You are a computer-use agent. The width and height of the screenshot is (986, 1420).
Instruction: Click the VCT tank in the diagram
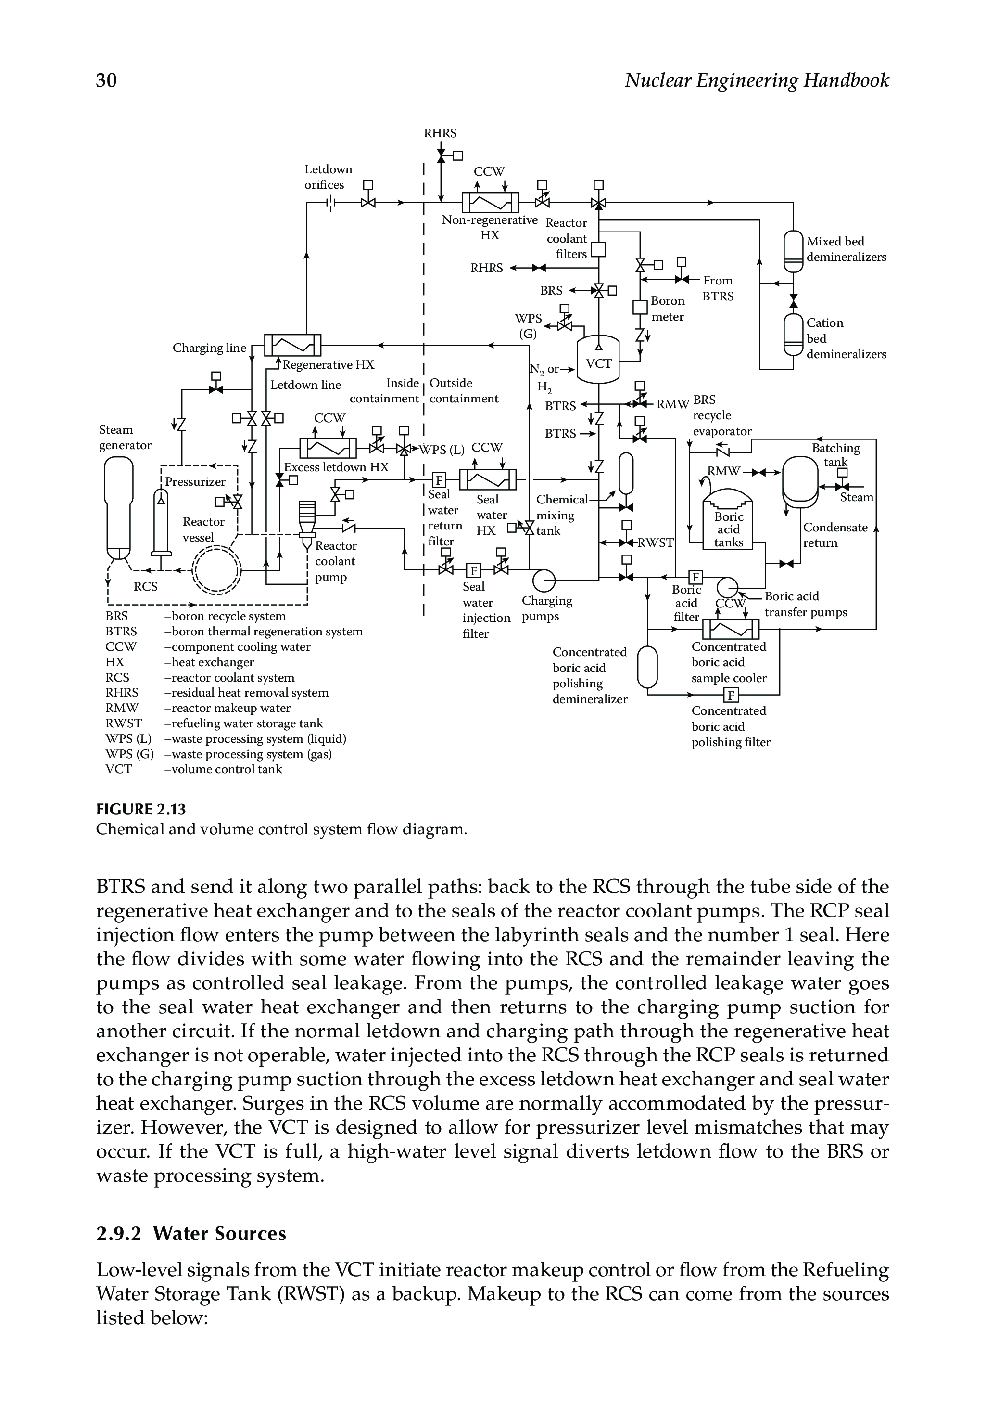(x=598, y=361)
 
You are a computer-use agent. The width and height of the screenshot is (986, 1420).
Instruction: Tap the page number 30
(x=106, y=80)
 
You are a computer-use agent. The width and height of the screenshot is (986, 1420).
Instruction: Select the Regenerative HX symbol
(x=293, y=345)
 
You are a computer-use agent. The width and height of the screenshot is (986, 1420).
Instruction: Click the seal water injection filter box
(x=473, y=570)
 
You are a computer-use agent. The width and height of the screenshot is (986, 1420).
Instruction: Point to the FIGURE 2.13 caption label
(x=141, y=809)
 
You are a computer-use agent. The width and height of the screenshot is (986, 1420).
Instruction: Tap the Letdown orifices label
(x=328, y=177)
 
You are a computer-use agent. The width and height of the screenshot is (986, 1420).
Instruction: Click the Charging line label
(x=209, y=348)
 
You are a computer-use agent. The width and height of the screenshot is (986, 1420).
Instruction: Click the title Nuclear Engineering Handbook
(x=757, y=80)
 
